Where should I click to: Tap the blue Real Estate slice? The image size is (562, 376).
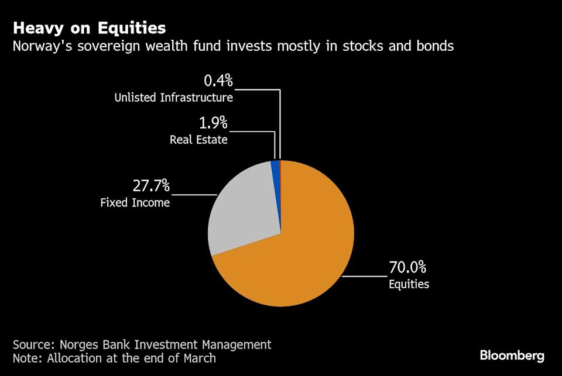coord(275,167)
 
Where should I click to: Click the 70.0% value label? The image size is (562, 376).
coord(407,268)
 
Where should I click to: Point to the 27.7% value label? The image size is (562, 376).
coord(150,187)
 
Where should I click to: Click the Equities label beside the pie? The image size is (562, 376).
coord(409,285)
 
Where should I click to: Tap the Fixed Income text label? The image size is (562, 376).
coord(135,203)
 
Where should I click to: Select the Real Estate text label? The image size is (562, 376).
coord(198,140)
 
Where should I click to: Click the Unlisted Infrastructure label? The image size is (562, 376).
coord(174,98)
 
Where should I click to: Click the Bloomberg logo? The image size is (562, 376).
coord(512,355)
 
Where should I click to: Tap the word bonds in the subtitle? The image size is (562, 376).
coord(434,46)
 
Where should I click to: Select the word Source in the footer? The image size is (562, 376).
coord(33,344)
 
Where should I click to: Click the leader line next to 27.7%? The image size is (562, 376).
coord(194,194)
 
